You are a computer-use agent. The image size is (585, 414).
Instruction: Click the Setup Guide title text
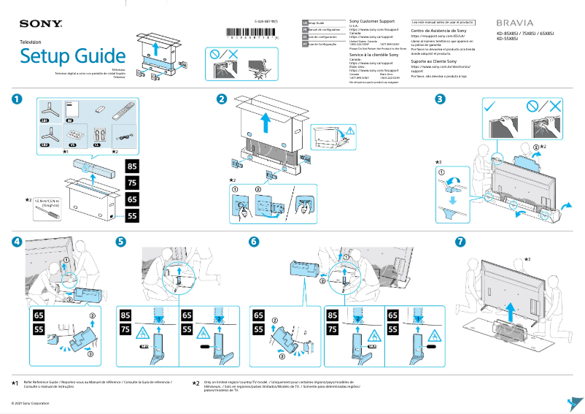[x=72, y=55]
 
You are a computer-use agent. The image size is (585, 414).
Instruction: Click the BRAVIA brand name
[x=515, y=24]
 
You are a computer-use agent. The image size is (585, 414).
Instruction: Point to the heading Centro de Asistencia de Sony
[x=439, y=31]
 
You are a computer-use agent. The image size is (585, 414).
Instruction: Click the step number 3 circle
[x=440, y=99]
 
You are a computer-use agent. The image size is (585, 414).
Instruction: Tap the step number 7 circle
[x=460, y=242]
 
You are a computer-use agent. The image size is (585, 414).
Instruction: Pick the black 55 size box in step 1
[x=133, y=215]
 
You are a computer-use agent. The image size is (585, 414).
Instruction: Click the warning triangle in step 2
[x=350, y=131]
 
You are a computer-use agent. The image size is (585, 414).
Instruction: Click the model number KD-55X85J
[x=511, y=39]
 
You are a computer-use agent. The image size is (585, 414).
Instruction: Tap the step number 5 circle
[x=121, y=242]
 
